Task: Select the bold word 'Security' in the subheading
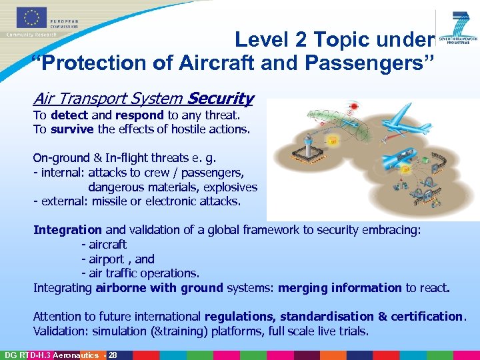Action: pos(221,99)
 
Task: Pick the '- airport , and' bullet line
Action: pos(117,259)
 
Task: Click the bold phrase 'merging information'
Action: pos(339,288)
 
